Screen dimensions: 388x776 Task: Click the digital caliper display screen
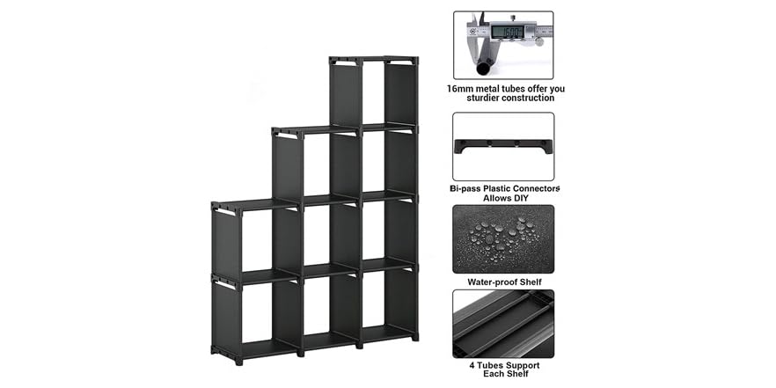(508, 32)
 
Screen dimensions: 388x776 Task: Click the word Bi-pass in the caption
(467, 188)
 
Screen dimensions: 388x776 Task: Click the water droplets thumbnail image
(503, 238)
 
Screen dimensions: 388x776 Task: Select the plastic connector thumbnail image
(503, 146)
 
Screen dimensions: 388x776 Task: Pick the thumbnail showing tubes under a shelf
(503, 323)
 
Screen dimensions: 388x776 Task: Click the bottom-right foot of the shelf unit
(414, 336)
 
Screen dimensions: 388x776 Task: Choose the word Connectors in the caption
(531, 188)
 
